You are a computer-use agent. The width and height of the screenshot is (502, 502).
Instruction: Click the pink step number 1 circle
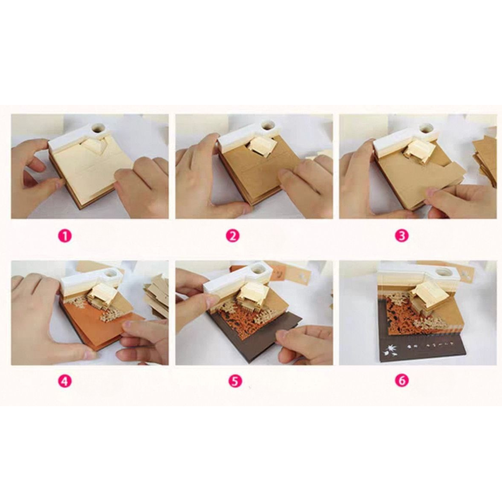click(x=65, y=235)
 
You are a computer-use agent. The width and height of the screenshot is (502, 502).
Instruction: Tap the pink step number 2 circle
click(x=232, y=235)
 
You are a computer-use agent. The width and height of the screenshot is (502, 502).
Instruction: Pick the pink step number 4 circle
click(x=65, y=381)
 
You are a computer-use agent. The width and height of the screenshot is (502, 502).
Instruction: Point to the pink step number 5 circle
click(x=232, y=381)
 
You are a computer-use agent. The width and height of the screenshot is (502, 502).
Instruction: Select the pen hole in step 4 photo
click(x=113, y=272)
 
